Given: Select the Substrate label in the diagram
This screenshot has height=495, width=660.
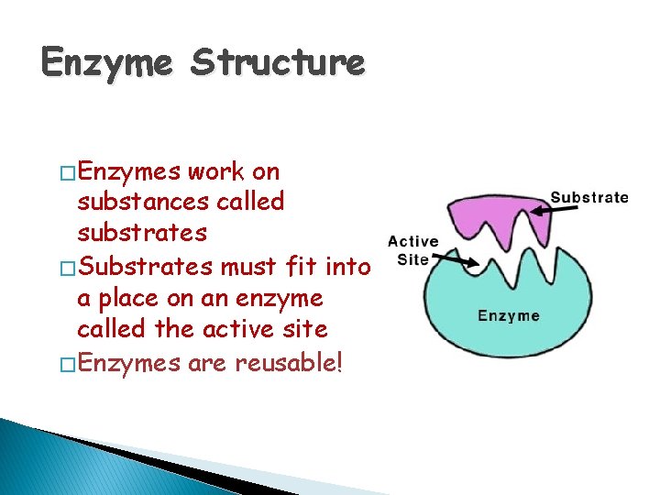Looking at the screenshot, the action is point(589,197).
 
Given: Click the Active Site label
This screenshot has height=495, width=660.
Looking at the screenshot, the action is point(412,250).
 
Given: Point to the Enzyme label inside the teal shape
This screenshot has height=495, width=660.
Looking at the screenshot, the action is point(509,315).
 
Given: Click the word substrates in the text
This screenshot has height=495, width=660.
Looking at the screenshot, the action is point(142,233).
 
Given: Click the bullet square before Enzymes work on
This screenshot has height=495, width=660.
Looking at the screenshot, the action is point(68,172).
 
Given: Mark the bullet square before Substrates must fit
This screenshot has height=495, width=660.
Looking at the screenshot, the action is point(68,268).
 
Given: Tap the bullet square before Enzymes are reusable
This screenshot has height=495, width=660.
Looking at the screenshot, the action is point(68,364).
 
